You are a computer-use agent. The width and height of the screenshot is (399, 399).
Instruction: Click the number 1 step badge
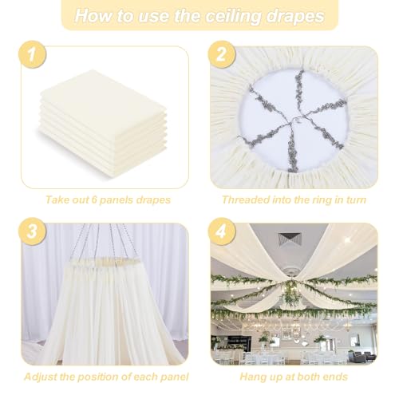pyautogui.click(x=32, y=54)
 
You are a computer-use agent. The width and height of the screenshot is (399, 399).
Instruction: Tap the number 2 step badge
pyautogui.click(x=222, y=54)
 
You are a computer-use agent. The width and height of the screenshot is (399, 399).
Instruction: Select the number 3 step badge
pyautogui.click(x=32, y=231)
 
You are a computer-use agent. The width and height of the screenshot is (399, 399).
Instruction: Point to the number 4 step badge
pyautogui.click(x=222, y=231)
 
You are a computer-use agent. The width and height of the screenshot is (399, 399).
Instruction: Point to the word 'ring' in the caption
pyautogui.click(x=324, y=200)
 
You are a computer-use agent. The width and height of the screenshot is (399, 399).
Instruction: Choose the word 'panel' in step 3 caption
pyautogui.click(x=175, y=377)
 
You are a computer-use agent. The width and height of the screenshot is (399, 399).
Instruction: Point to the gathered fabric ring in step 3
pyautogui.click(x=105, y=262)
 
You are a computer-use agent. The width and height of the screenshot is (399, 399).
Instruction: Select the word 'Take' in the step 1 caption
pyautogui.click(x=56, y=199)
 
